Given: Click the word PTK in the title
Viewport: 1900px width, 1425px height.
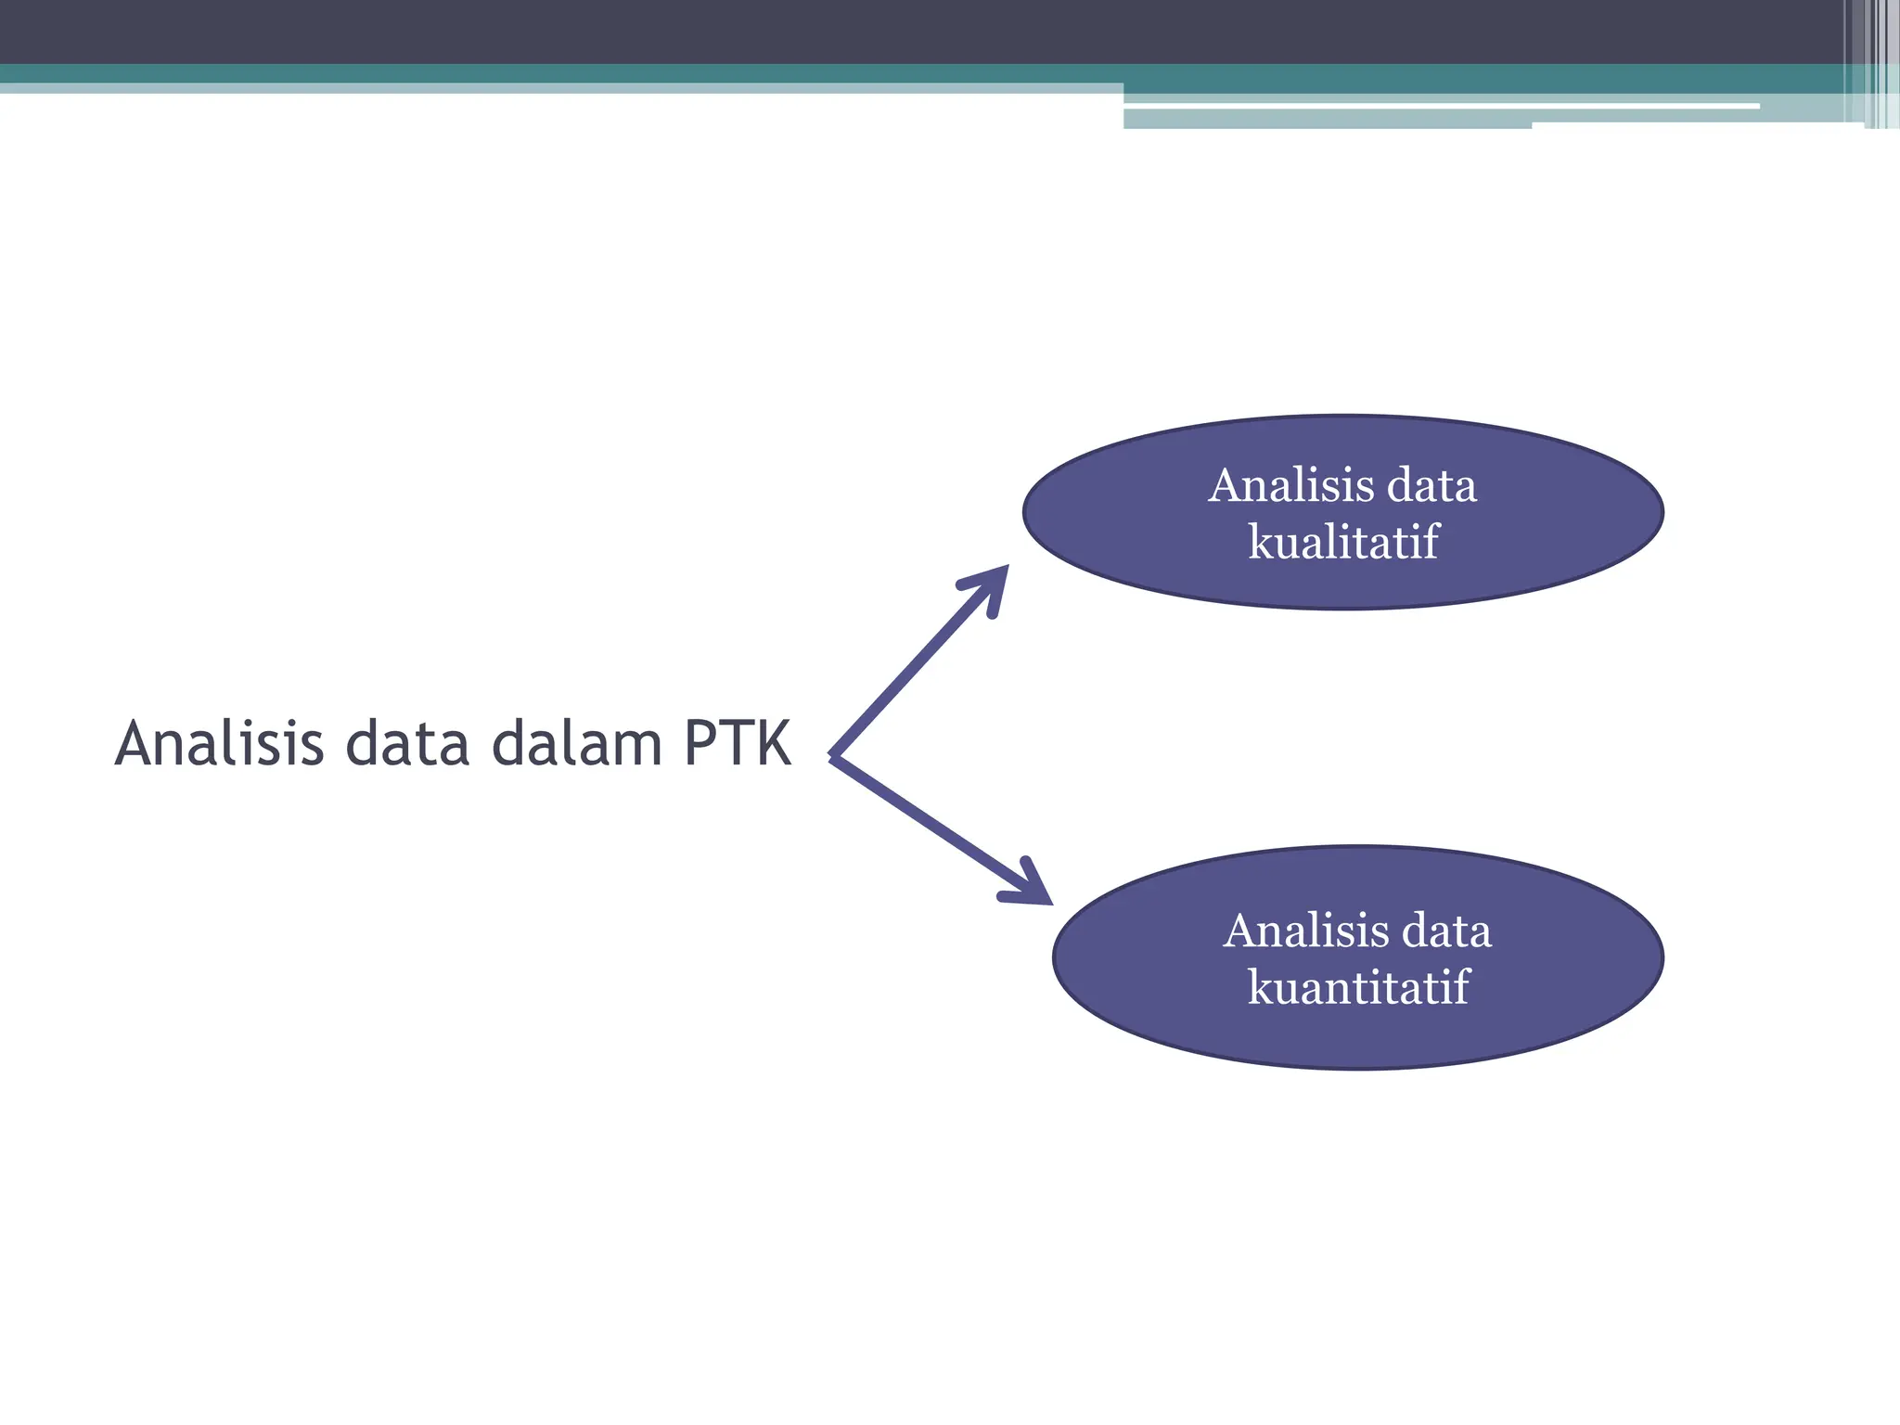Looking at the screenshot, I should coord(738,744).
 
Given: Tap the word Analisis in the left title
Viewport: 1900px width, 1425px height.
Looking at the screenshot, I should coord(220,744).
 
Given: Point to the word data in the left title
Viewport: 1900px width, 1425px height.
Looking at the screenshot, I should coord(407,746).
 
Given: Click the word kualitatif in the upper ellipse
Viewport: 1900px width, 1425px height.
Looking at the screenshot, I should coord(1342,542).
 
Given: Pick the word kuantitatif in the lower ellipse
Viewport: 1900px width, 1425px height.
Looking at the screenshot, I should coord(1358,987).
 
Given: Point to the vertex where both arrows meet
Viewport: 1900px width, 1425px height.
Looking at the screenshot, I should coord(835,757).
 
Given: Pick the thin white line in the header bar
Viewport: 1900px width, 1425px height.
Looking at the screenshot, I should coord(1438,107).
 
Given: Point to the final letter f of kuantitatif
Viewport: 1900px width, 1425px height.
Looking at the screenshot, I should coord(1460,986).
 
